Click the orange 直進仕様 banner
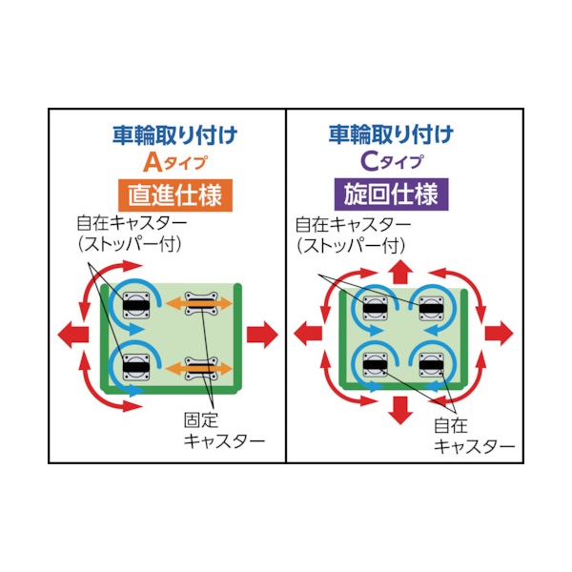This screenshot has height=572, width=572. [x=175, y=195]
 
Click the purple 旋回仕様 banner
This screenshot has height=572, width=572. [x=391, y=194]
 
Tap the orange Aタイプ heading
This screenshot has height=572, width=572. [x=175, y=163]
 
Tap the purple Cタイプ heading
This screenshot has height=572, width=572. [x=392, y=162]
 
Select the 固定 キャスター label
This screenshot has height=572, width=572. [x=224, y=431]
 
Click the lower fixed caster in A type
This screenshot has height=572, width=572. [x=201, y=368]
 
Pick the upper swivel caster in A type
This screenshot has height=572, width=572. [x=136, y=305]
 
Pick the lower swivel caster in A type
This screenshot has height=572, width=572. [x=136, y=367]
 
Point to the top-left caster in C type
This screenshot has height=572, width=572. [x=375, y=309]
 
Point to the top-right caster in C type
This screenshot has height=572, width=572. [x=431, y=309]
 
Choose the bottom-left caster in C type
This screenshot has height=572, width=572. [x=375, y=365]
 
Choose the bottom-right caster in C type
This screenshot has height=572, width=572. [x=431, y=365]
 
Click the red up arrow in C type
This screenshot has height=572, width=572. [x=400, y=272]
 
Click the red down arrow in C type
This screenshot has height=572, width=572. [x=400, y=410]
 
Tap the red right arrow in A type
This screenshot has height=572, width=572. [x=262, y=335]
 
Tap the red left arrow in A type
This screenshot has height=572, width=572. [x=73, y=335]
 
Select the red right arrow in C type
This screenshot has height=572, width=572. [x=499, y=334]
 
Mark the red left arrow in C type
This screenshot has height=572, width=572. [x=308, y=334]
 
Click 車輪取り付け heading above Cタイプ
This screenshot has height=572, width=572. [x=392, y=134]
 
